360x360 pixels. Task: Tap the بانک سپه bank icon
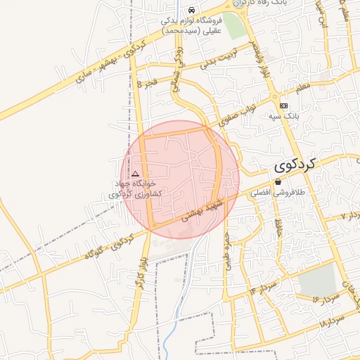(283, 105)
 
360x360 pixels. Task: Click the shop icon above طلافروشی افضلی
(278, 182)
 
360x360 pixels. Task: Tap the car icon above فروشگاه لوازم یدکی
(192, 10)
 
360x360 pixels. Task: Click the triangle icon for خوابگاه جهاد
(135, 173)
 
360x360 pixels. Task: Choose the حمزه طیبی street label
(226, 250)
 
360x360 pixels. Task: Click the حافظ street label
(278, 227)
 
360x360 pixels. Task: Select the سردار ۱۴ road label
(264, 286)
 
